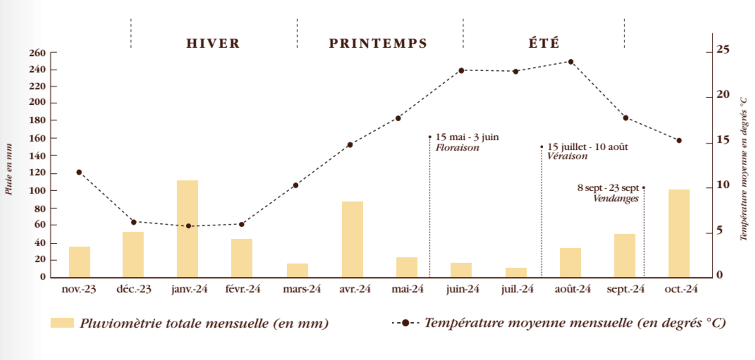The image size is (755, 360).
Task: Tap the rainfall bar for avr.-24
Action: pyautogui.click(x=352, y=239)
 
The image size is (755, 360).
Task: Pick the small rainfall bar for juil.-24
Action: pyautogui.click(x=516, y=273)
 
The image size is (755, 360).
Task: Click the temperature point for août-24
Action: pyautogui.click(x=571, y=62)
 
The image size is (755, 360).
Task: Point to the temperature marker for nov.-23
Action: pyautogui.click(x=79, y=172)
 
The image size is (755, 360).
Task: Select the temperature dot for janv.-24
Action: pyautogui.click(x=189, y=226)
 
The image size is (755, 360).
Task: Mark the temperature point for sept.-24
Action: pyautogui.click(x=626, y=118)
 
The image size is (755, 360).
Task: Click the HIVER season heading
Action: pyautogui.click(x=213, y=43)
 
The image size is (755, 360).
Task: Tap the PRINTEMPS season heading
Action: pyautogui.click(x=378, y=43)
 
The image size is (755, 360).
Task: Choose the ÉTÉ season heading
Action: pyautogui.click(x=544, y=43)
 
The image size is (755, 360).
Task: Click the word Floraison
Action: pyautogui.click(x=457, y=148)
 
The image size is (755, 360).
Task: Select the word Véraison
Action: pyautogui.click(x=567, y=156)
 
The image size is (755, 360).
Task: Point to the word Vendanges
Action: pyautogui.click(x=615, y=199)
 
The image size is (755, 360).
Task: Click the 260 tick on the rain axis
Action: pyautogui.click(x=37, y=53)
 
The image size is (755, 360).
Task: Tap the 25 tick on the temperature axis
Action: pyautogui.click(x=723, y=49)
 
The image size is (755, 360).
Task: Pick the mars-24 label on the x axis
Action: pyautogui.click(x=302, y=289)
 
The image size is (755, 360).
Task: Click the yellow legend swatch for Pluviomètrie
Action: pyautogui.click(x=62, y=323)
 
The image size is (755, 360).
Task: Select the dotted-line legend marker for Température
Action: pyautogui.click(x=405, y=323)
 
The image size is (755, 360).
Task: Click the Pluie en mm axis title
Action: pyautogui.click(x=9, y=169)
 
